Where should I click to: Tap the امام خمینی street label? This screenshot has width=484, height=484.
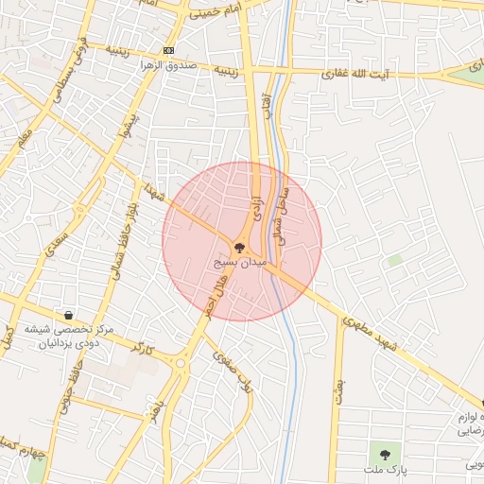[218, 11]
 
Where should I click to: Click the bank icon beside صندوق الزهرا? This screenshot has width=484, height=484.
[168, 49]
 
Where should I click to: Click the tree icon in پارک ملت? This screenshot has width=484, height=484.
[385, 455]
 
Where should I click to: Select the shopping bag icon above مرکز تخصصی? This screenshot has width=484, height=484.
[68, 314]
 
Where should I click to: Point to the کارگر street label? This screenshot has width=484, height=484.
[143, 348]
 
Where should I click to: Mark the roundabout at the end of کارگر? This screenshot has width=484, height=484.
[181, 361]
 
